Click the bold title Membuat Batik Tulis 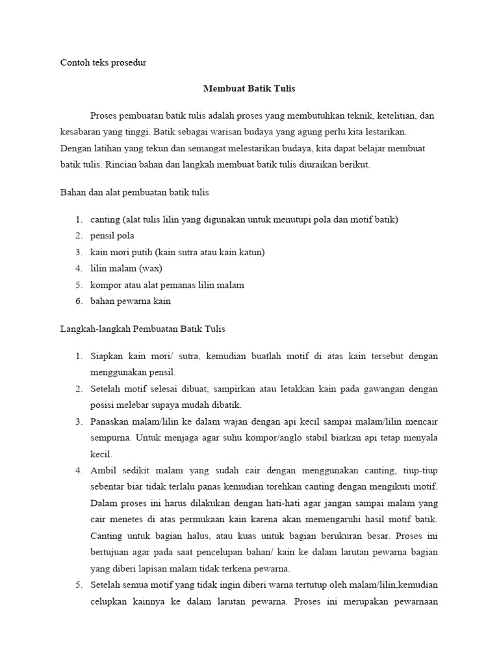249,88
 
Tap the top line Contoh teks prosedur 104,62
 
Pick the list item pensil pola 112,236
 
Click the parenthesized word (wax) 150,268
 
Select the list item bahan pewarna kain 131,301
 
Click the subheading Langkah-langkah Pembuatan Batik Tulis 142,329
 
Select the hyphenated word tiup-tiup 420,470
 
